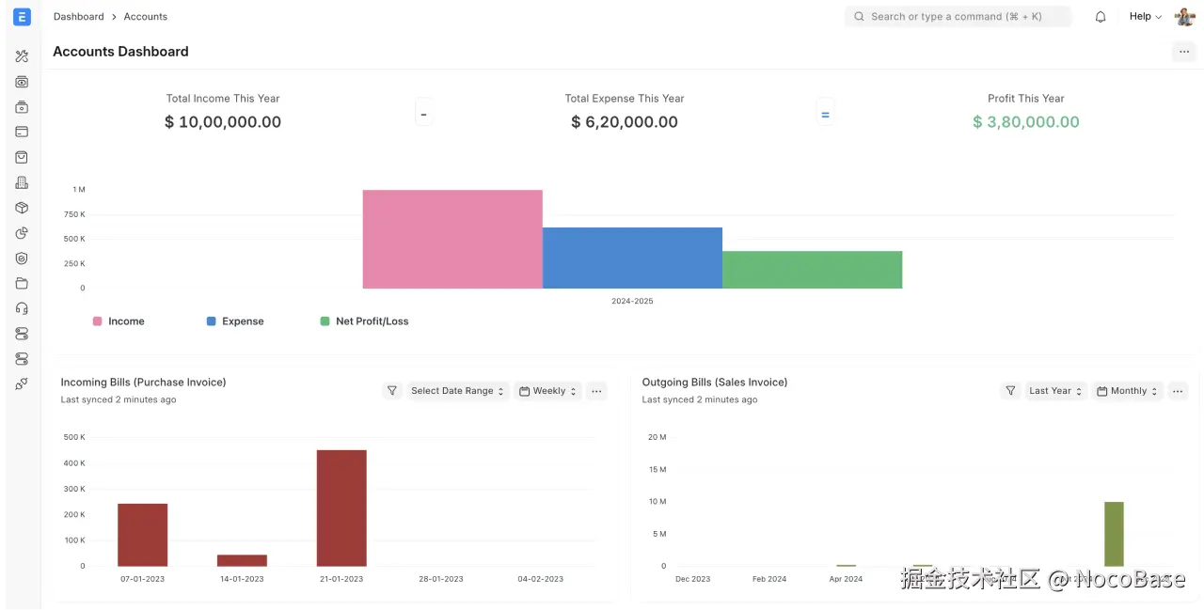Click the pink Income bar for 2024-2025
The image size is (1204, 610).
452,239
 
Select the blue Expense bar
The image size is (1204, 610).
632,258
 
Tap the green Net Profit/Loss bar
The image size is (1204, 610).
812,270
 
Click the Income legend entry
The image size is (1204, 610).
119,321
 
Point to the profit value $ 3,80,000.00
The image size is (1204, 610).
1025,122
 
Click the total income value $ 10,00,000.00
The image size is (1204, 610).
223,122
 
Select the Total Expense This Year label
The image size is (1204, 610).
625,99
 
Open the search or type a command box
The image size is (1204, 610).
957,17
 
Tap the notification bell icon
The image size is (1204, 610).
1101,17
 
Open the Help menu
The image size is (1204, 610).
1145,17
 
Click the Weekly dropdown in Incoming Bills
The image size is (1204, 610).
548,391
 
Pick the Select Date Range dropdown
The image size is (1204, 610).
458,391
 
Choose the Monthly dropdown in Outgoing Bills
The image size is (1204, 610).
1128,391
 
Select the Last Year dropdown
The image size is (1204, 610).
1054,391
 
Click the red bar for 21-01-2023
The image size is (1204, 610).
341,508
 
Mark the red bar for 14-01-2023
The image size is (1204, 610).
242,560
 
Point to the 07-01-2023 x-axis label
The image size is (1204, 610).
142,579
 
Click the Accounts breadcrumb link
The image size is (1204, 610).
146,17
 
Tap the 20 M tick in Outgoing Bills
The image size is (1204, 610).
657,437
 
